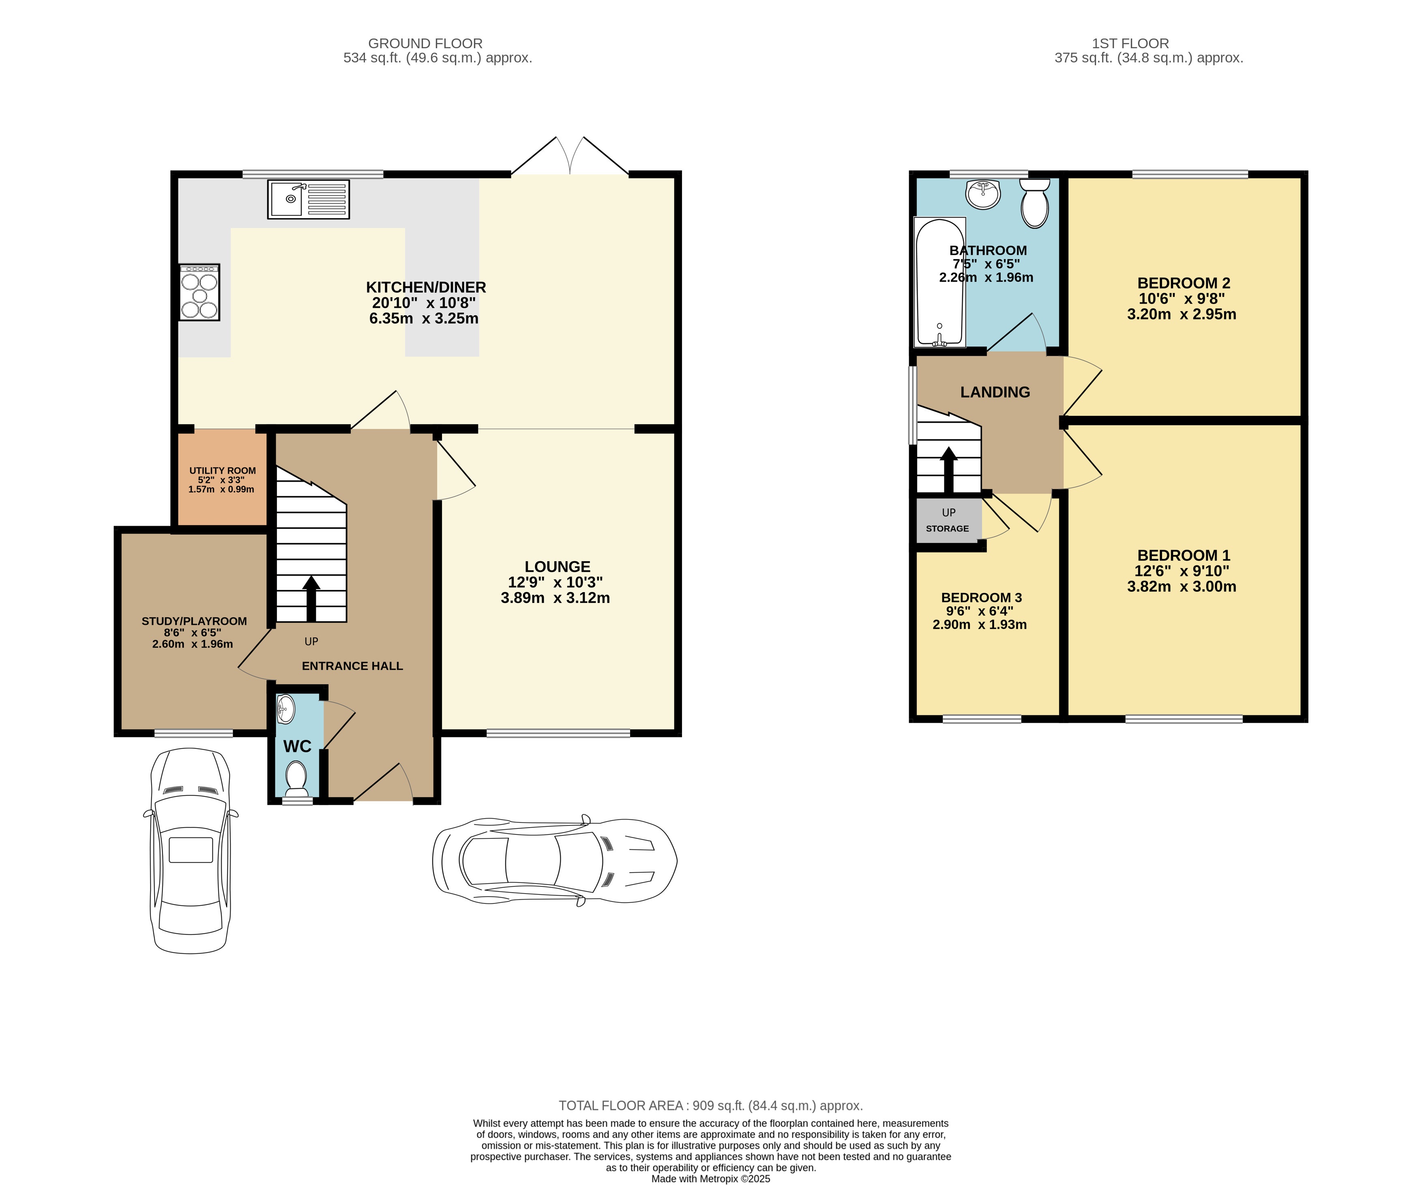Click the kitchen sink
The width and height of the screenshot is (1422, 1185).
[308, 199]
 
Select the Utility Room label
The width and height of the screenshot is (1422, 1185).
[222, 471]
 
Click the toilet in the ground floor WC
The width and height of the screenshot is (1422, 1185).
[296, 778]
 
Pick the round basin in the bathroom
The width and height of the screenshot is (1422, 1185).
[983, 194]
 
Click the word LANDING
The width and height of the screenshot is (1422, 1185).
[995, 392]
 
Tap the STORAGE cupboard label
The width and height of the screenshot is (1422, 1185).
[947, 528]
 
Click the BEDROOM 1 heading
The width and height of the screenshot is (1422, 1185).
[1184, 555]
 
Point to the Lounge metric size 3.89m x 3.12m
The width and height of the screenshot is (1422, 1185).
[555, 598]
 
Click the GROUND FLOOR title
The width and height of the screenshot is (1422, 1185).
[425, 43]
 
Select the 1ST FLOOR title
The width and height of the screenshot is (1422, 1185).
[1130, 43]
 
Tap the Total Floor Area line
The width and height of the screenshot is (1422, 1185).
[710, 1105]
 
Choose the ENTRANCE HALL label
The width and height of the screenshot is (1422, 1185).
[352, 666]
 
